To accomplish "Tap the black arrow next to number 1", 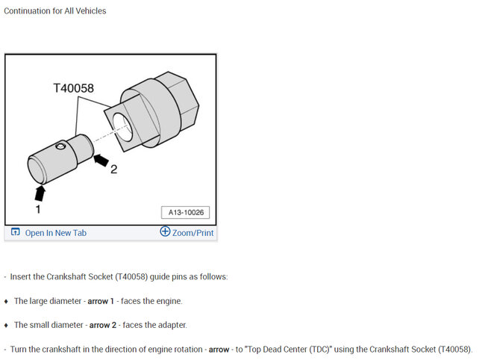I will (x=40, y=193).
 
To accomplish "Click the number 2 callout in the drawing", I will (x=113, y=169).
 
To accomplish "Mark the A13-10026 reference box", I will (x=185, y=213).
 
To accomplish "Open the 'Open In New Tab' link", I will (x=56, y=233).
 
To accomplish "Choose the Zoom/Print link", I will (x=193, y=233).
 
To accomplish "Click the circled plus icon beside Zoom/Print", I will (x=165, y=232).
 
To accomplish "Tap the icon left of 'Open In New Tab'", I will (x=15, y=233).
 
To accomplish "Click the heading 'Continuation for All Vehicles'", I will (x=55, y=11).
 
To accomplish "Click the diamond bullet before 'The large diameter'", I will (x=6, y=301).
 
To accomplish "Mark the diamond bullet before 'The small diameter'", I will (x=6, y=325).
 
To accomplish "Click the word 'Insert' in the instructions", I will (x=22, y=277).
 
